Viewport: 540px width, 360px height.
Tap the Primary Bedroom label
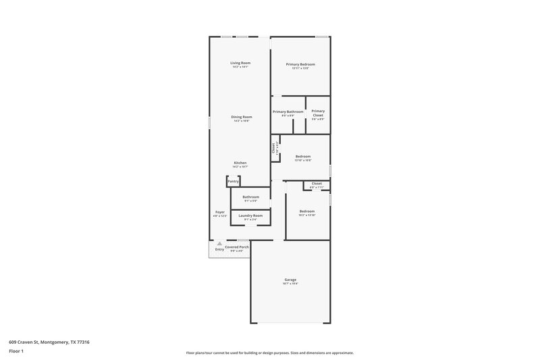coord(300,64)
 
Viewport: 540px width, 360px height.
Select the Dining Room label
coord(242,117)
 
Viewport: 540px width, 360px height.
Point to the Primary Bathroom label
coord(288,111)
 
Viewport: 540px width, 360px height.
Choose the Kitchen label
coord(240,163)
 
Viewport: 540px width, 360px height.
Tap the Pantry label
coord(234,181)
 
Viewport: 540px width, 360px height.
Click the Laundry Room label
coord(250,215)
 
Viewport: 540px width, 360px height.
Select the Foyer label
coord(220,211)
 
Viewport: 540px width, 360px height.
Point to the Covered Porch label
coord(237,247)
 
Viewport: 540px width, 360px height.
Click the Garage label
coord(290,280)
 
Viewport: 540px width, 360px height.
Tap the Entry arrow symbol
coord(219,244)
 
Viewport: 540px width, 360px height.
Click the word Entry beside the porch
coord(219,250)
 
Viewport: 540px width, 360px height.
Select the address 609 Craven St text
coord(49,342)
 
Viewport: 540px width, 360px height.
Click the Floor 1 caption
coord(16,351)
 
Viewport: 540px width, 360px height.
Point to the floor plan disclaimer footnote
coord(269,353)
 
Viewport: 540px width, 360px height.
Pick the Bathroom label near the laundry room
coord(250,197)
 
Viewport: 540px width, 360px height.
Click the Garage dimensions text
coord(290,284)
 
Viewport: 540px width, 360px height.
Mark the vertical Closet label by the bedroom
coord(273,149)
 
